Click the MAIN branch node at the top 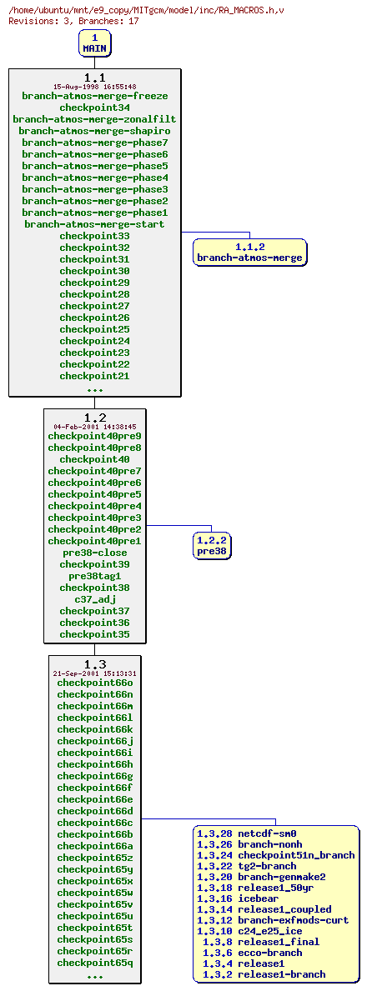pyautogui.click(x=94, y=43)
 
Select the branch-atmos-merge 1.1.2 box pyautogui.click(x=249, y=252)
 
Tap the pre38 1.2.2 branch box pyautogui.click(x=211, y=546)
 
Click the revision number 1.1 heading pyautogui.click(x=94, y=78)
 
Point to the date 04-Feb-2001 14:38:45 pyautogui.click(x=94, y=426)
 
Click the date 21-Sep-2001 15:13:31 pyautogui.click(x=94, y=673)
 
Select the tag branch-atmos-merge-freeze pyautogui.click(x=94, y=96)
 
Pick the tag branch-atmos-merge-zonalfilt pyautogui.click(x=94, y=119)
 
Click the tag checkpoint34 pyautogui.click(x=94, y=108)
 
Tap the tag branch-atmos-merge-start pyautogui.click(x=94, y=224)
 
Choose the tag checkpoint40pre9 pyautogui.click(x=94, y=436)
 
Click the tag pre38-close pyautogui.click(x=94, y=553)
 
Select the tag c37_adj pyautogui.click(x=94, y=599)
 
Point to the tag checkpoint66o pyautogui.click(x=94, y=683)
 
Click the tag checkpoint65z pyautogui.click(x=94, y=858)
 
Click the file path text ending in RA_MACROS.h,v pyautogui.click(x=146, y=10)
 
